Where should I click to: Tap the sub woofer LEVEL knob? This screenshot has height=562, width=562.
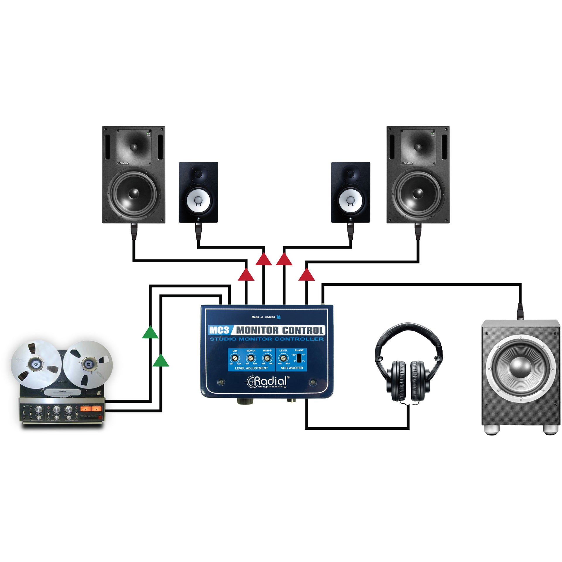pos(283,358)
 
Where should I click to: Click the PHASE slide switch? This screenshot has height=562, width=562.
pos(299,358)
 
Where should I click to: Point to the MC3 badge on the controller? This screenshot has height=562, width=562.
pos(219,330)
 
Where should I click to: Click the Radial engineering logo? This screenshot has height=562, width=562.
pos(267,381)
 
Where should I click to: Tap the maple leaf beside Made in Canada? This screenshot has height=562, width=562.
pos(279,317)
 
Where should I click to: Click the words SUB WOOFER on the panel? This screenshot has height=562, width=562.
pos(292,368)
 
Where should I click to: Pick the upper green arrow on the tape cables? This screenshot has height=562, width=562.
pos(150,333)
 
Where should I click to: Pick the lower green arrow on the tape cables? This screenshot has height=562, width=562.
pos(161,361)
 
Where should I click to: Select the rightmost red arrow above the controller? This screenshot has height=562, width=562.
pos(306,275)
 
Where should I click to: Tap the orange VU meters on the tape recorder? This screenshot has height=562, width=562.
pos(91,409)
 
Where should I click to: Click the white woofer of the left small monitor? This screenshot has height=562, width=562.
pos(198,201)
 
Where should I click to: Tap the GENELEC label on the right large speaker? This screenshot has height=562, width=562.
pos(408,163)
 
